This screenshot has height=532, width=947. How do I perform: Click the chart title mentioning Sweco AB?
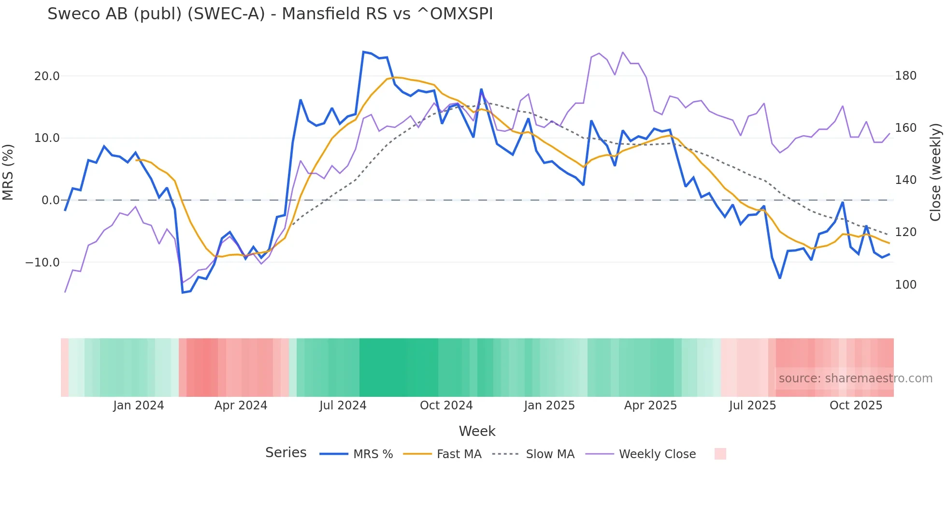click(270, 14)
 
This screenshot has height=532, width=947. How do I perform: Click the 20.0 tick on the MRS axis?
click(47, 76)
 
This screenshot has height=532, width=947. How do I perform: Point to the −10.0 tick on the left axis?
click(43, 263)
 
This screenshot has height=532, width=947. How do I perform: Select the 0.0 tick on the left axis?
click(51, 200)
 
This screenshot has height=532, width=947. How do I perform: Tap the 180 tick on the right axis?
click(905, 76)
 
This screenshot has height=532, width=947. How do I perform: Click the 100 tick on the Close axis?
click(905, 285)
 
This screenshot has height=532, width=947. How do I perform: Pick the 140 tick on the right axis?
click(905, 180)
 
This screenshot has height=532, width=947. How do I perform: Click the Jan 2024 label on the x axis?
click(139, 406)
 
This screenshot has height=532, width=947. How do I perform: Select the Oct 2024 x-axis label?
click(446, 406)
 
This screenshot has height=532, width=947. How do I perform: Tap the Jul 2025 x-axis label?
click(752, 406)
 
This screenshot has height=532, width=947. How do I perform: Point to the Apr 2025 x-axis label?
click(650, 406)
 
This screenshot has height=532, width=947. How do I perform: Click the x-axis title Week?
click(477, 431)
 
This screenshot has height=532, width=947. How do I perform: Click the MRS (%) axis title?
click(8, 172)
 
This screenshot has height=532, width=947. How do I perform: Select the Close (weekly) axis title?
click(935, 172)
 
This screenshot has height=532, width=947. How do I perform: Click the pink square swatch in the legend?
click(720, 454)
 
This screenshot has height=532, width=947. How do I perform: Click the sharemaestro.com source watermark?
click(855, 378)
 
